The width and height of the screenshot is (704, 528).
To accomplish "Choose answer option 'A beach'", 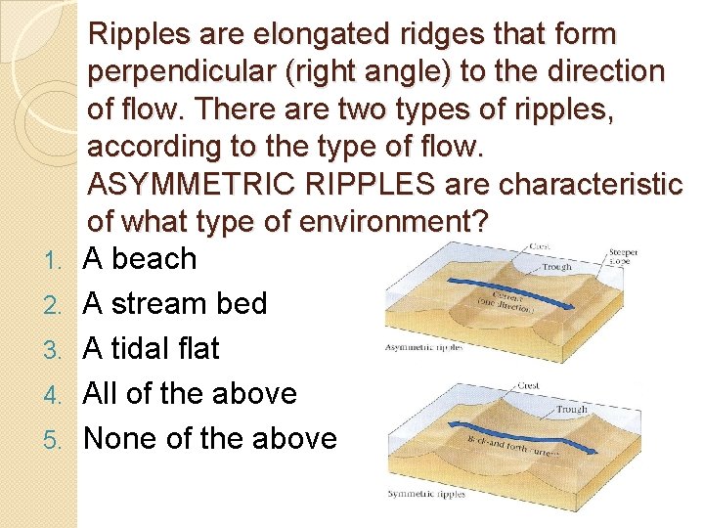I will click(140, 259).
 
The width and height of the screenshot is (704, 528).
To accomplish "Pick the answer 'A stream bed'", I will click(175, 304).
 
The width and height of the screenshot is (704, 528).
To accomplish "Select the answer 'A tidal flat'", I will click(152, 348).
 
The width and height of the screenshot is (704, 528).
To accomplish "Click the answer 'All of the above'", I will click(190, 393).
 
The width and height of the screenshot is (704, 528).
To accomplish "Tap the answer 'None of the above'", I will click(209, 438).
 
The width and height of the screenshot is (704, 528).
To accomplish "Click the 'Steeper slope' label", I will click(623, 256).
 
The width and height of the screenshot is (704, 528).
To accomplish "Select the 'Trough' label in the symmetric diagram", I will click(573, 409).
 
